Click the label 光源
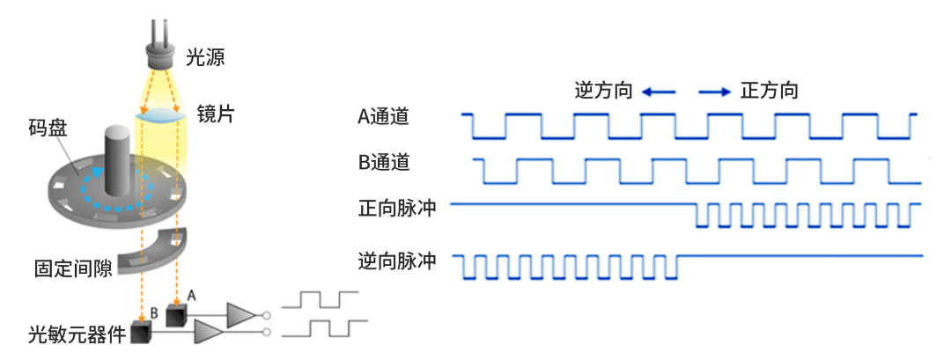click(205, 58)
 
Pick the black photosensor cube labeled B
click(141, 333)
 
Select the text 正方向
click(770, 91)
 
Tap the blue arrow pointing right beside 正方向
click(714, 91)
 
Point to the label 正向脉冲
click(397, 209)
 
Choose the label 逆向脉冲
click(397, 261)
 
